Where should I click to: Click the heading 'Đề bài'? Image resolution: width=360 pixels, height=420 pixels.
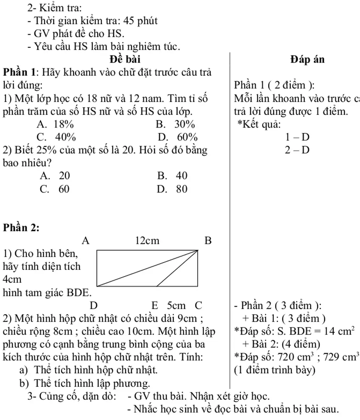[125, 59]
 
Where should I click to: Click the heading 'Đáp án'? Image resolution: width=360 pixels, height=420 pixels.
[307, 59]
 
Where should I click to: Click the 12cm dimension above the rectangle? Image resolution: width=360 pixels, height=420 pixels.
[147, 241]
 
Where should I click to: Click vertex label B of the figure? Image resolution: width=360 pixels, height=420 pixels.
[208, 241]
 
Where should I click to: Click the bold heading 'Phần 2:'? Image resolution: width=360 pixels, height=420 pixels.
[21, 228]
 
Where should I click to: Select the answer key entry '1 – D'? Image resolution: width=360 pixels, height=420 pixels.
[297, 137]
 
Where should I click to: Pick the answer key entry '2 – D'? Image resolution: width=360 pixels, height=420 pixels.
[297, 150]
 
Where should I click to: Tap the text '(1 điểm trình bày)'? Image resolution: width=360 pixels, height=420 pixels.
[275, 370]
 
